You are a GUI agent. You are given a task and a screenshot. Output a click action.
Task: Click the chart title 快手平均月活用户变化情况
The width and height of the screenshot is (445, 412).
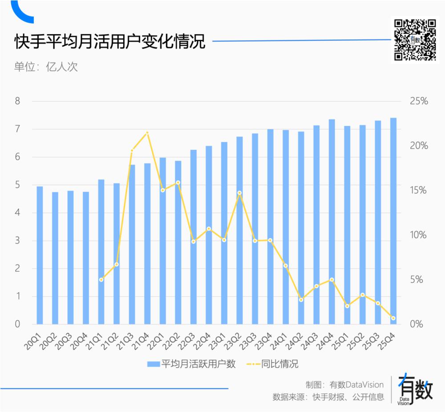[109, 43]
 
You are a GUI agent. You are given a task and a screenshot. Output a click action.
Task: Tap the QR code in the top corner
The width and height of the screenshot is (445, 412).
[415, 40]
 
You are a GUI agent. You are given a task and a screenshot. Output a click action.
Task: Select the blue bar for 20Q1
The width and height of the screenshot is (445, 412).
[40, 255]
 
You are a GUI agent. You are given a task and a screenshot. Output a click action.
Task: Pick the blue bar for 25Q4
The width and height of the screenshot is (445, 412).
[393, 221]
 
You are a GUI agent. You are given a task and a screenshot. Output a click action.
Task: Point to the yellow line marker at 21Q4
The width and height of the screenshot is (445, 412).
[147, 133]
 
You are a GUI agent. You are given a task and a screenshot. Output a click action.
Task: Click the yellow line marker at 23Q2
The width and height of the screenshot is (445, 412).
[239, 193]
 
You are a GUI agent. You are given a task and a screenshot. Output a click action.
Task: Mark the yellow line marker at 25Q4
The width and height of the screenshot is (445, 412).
[393, 318]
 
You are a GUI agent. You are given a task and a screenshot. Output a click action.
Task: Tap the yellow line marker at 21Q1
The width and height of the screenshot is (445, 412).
[101, 280]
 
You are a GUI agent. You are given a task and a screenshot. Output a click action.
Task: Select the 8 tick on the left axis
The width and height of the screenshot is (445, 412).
[17, 101]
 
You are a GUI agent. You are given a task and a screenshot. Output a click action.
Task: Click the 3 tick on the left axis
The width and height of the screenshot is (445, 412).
[17, 240]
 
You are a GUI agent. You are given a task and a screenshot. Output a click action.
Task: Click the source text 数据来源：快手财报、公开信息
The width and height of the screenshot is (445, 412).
[328, 397]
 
